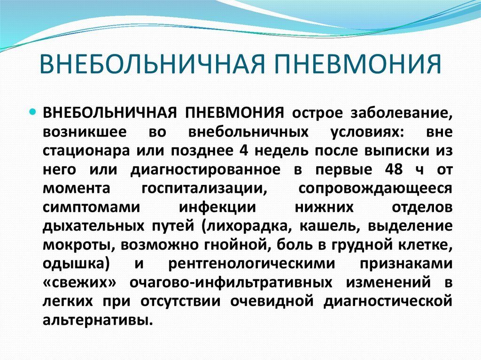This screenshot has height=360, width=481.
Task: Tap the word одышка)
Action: tap(76, 263)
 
